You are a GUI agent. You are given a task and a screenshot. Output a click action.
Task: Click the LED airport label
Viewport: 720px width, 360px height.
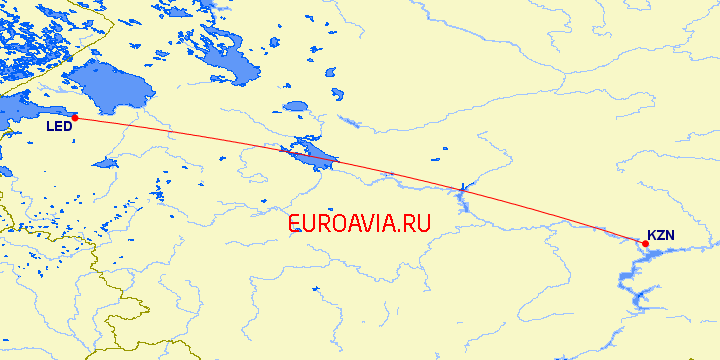coord(59,127)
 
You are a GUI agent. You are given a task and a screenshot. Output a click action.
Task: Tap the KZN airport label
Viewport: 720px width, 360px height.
coord(661,236)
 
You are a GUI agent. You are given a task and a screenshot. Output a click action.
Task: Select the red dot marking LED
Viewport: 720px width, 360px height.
coord(75,118)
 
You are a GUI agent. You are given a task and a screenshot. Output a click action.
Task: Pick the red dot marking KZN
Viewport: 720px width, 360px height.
coord(645,243)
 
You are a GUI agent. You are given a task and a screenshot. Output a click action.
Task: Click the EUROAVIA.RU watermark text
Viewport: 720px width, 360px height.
coord(359,224)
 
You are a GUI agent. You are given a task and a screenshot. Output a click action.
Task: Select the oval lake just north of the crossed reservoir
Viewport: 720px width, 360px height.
coord(296,106)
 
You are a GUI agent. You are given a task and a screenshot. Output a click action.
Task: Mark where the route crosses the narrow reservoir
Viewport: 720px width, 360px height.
coord(462,188)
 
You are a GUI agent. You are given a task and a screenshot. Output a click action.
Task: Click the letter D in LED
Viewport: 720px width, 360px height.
coord(69,127)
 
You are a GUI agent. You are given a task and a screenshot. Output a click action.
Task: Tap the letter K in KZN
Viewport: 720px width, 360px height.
coord(652,236)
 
